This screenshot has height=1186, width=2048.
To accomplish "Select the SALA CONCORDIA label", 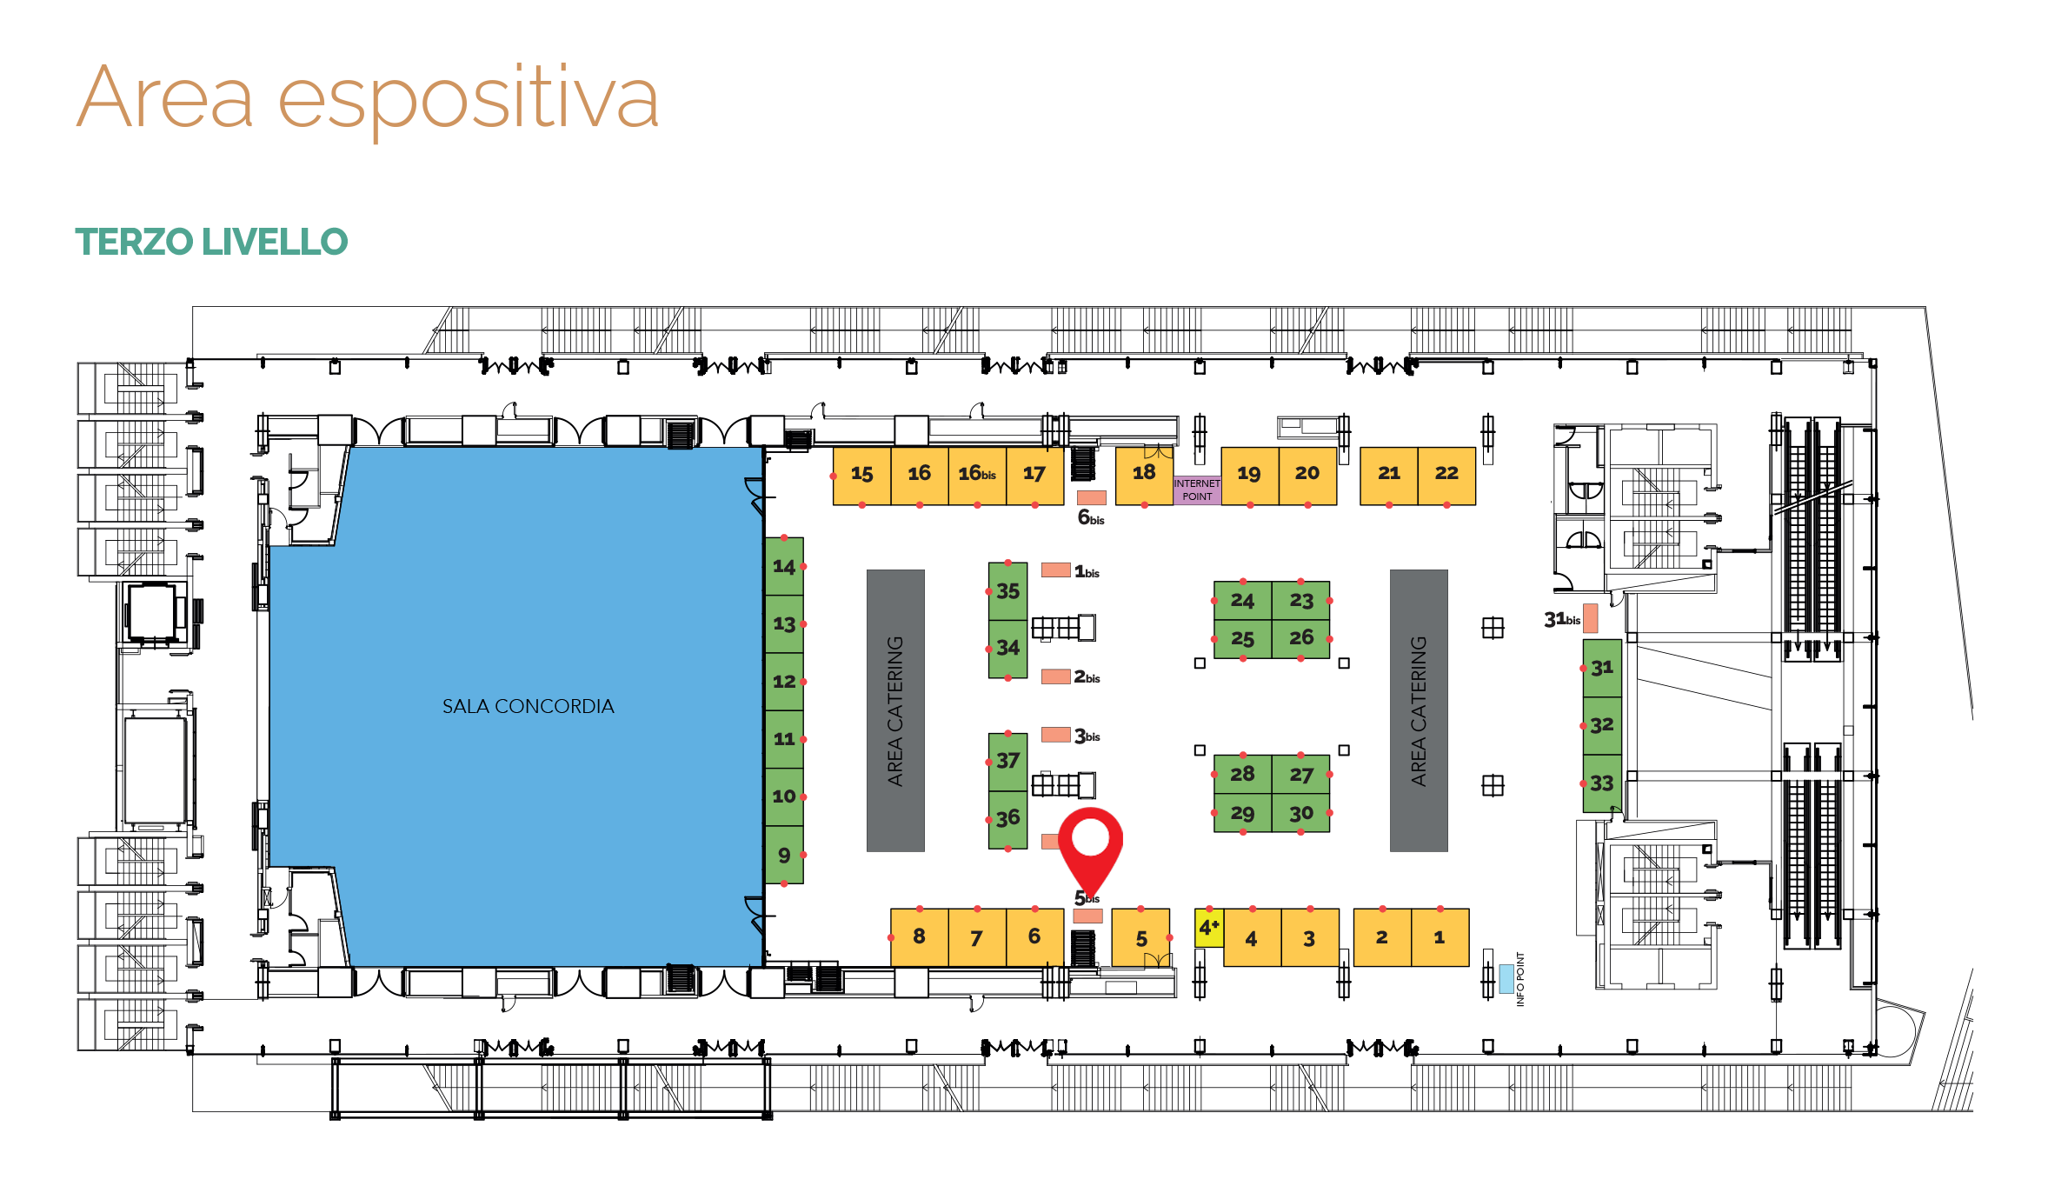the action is [x=528, y=706].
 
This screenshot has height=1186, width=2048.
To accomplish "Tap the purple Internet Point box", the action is [x=1197, y=490].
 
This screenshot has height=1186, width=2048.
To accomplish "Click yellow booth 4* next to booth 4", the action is [x=1209, y=928].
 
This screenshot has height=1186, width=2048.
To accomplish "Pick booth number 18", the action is [x=1144, y=476].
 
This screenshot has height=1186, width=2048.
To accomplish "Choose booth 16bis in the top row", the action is [x=977, y=476].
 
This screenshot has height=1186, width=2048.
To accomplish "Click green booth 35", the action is [x=1007, y=591].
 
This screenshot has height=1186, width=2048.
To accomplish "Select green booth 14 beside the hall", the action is [x=784, y=566].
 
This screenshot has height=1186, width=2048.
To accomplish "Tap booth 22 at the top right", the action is [x=1446, y=476].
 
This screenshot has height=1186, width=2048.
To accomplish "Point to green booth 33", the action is [x=1602, y=783].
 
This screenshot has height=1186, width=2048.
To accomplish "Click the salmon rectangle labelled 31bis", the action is [x=1590, y=618].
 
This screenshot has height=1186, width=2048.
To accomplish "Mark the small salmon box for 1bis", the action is [x=1056, y=570].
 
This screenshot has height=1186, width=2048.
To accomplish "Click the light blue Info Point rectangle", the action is [x=1506, y=978].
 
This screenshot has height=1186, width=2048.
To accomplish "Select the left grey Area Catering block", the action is [x=895, y=710].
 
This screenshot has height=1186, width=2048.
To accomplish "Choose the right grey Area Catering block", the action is [x=1419, y=710].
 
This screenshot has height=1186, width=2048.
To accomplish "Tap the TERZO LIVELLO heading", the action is [x=211, y=242].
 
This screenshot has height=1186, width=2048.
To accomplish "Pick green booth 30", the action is [x=1300, y=813].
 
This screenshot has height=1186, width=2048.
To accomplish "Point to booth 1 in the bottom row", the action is [x=1440, y=937].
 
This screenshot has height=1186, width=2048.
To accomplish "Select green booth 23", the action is [x=1300, y=600].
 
